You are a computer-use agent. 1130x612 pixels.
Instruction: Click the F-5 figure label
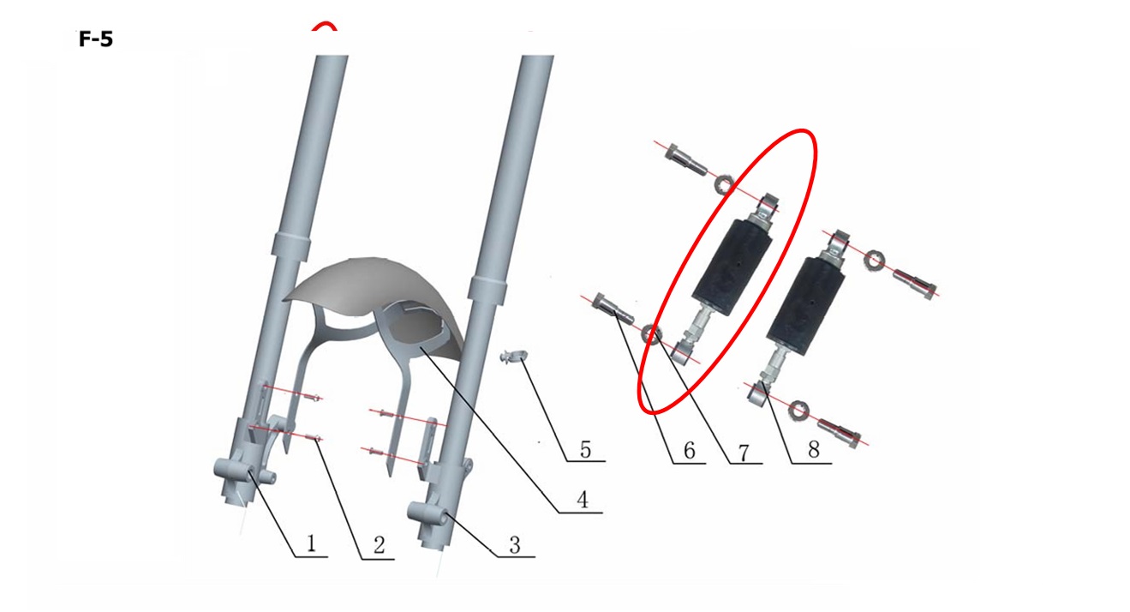point(96,39)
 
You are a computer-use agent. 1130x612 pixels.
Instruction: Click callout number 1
point(311,544)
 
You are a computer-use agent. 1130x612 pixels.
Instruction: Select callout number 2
point(379,545)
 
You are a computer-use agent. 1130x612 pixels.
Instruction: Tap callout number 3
point(514,545)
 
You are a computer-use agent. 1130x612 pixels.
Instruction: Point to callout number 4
point(583,500)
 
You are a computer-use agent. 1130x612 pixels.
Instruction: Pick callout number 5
point(585,449)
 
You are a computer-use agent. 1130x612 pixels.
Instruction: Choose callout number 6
point(689,450)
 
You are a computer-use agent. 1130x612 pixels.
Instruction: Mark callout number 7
point(744,453)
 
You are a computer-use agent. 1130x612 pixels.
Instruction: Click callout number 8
point(813,449)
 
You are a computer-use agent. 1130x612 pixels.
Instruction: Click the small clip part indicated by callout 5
point(512,357)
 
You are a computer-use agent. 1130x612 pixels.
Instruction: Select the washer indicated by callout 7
point(651,334)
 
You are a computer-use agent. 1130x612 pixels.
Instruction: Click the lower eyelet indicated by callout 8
point(756,397)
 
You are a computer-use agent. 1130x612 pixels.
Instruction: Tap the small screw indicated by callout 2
point(314,440)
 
